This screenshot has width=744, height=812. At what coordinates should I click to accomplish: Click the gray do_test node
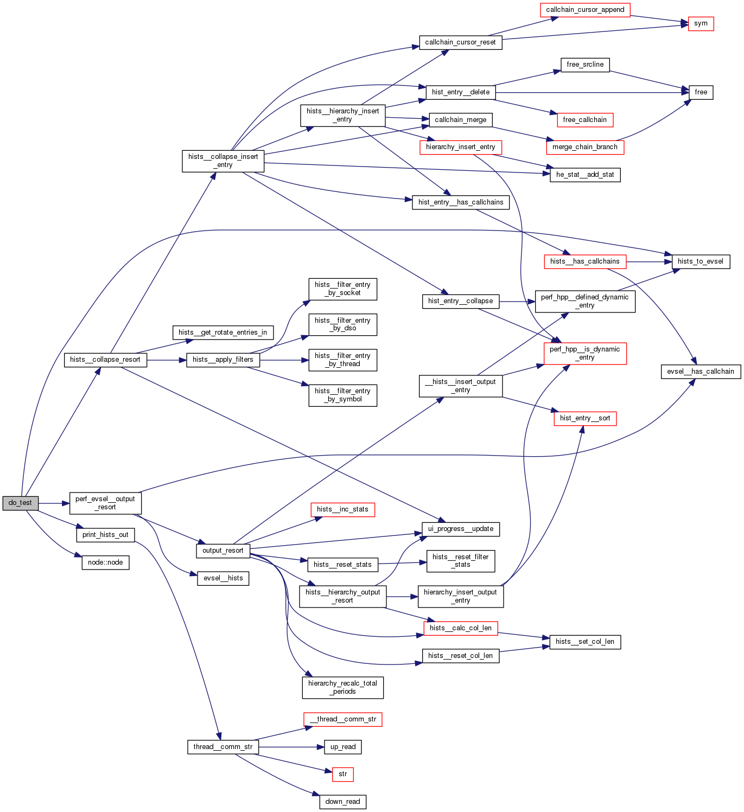(20, 503)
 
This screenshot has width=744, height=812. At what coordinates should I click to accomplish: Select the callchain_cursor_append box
(585, 10)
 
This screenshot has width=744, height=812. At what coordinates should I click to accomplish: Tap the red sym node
(701, 24)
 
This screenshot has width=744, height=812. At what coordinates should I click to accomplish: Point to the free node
(701, 92)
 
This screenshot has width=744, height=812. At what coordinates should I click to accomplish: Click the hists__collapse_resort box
(105, 360)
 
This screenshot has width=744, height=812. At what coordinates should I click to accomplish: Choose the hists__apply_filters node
(222, 360)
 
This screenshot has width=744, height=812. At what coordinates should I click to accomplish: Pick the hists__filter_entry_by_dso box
(342, 324)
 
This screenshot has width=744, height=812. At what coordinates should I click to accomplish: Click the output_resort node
(222, 551)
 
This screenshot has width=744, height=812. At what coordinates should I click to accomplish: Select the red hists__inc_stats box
(342, 509)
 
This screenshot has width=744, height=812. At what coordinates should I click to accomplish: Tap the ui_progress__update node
(460, 529)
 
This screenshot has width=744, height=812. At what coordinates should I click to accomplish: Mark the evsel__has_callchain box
(700, 372)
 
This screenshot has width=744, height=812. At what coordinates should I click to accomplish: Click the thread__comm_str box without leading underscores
(222, 747)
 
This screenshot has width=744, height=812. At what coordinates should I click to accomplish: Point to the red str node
(342, 774)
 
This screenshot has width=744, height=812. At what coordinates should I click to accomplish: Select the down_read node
(342, 802)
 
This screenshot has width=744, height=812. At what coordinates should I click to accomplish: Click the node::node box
(105, 562)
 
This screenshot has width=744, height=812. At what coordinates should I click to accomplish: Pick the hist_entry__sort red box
(585, 418)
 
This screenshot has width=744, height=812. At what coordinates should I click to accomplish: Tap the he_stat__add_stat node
(585, 175)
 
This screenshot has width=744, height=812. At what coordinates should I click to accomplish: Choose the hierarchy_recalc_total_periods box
(342, 687)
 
